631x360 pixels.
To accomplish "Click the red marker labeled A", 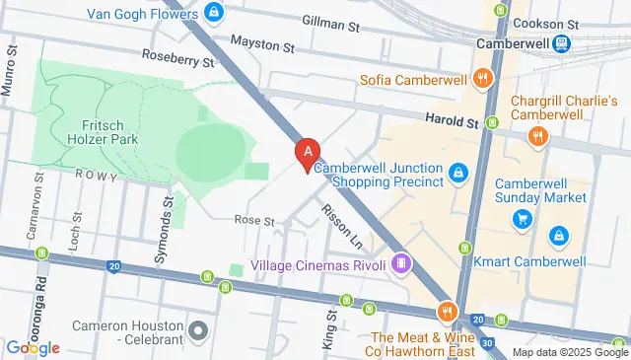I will click(x=309, y=153).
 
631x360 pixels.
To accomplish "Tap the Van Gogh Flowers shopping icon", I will click(x=213, y=13).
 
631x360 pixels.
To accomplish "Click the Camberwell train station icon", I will click(x=561, y=43).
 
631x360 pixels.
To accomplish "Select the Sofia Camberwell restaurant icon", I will click(x=482, y=79).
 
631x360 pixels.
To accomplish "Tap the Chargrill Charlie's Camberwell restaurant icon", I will click(x=537, y=137).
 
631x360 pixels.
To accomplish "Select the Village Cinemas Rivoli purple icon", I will click(x=400, y=264).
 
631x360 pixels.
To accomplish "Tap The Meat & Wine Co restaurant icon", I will click(x=448, y=312).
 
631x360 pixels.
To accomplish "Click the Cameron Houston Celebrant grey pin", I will click(x=198, y=329).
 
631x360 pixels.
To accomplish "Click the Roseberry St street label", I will click(x=177, y=60).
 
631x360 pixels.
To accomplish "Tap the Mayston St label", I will click(x=262, y=43).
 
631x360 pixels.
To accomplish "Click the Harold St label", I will click(x=451, y=121).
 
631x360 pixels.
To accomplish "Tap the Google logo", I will click(x=33, y=347).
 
